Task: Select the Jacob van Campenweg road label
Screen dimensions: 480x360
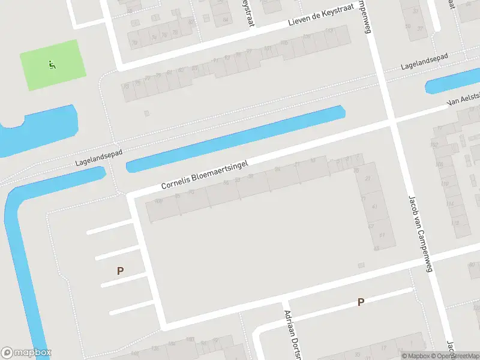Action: point(420,233)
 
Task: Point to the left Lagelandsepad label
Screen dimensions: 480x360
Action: point(99,158)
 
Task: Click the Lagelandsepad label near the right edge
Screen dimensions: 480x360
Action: point(426,62)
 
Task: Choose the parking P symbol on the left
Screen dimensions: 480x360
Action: point(120,271)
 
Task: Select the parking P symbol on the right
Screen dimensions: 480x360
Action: point(361,302)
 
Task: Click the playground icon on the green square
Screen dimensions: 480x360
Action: point(52,64)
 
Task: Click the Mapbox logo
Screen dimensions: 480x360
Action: point(26,353)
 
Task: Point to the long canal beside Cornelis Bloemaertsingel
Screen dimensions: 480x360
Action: point(234,139)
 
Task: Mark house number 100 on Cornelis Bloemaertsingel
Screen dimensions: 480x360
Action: point(158,201)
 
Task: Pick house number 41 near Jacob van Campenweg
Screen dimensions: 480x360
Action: point(375,206)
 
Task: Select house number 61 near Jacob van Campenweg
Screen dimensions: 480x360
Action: point(382,235)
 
